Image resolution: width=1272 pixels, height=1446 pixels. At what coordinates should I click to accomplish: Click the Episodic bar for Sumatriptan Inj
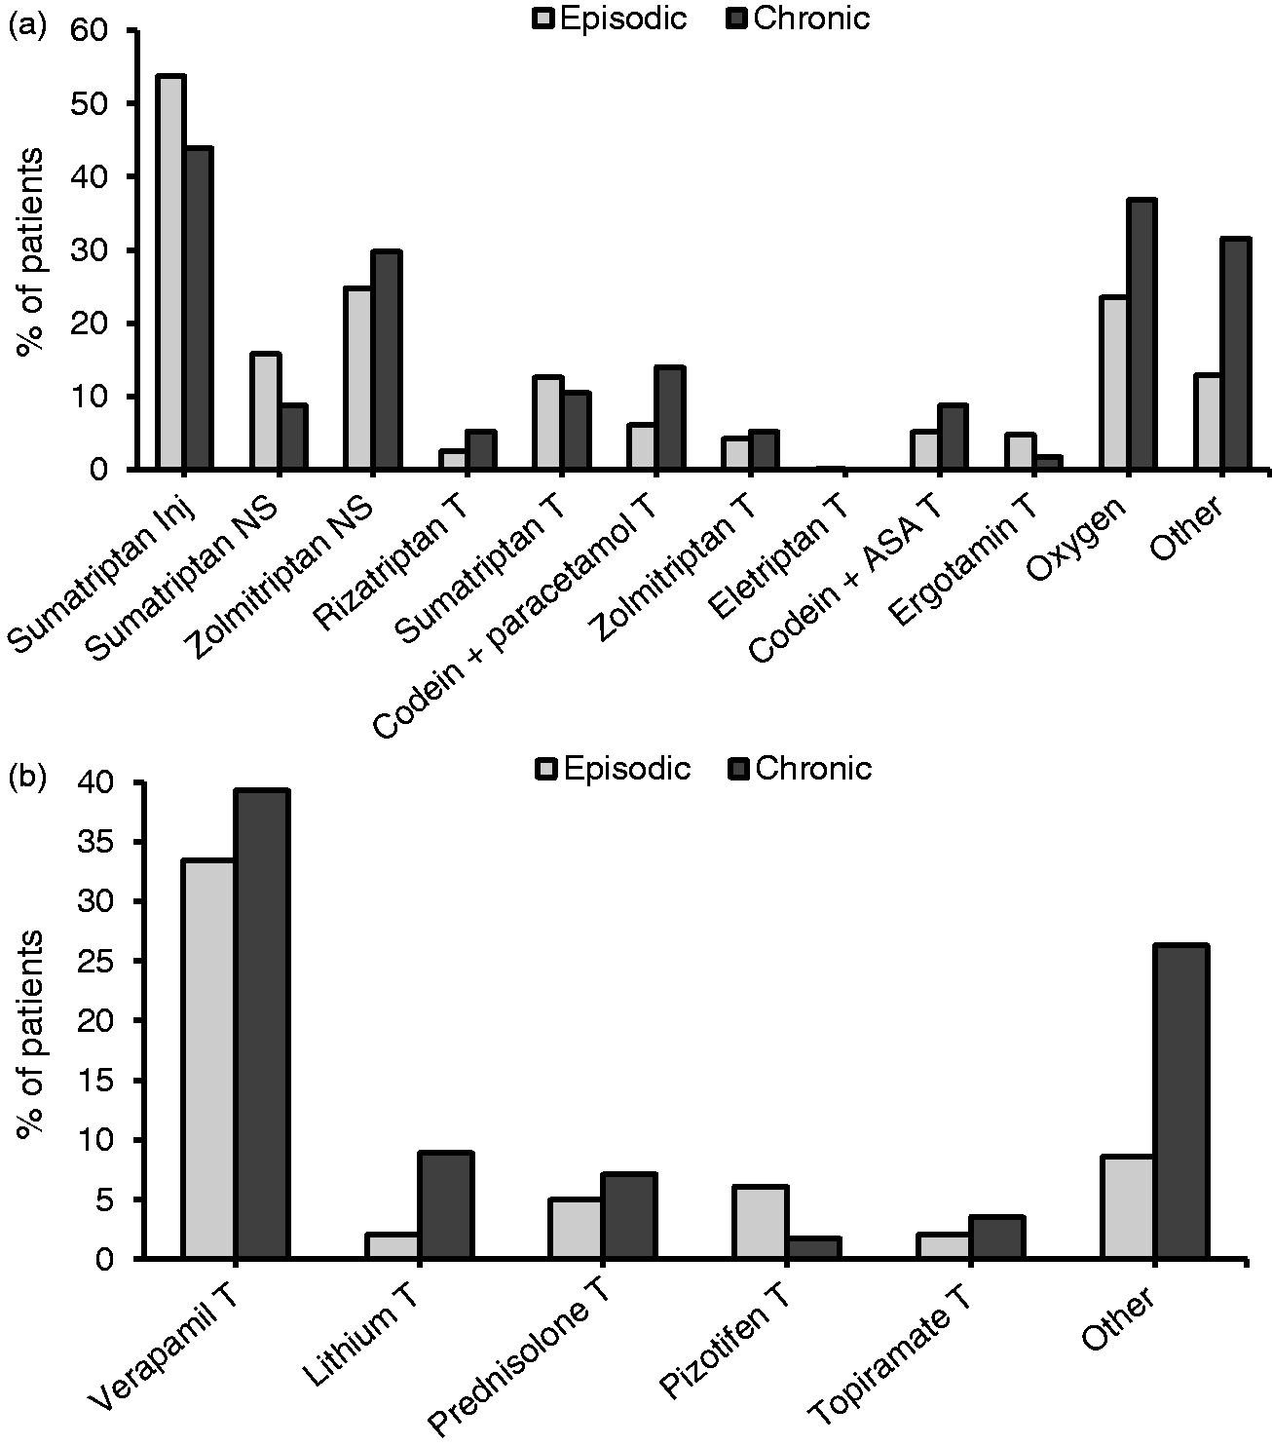pos(172,272)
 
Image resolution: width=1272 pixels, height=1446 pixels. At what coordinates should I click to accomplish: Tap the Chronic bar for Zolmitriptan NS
pos(387,361)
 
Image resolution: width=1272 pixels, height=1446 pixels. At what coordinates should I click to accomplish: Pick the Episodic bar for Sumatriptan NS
pos(265,411)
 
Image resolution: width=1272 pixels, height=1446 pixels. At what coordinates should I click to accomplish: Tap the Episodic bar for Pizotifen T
pos(761,1222)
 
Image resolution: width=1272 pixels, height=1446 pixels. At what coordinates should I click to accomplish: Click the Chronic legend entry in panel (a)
pos(798,19)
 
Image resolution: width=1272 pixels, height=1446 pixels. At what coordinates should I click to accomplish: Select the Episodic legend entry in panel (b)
pos(613,768)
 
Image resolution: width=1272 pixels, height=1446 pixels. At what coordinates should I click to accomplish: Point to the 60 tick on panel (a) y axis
pos(96,30)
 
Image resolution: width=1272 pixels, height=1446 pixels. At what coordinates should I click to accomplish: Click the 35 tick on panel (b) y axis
pos(96,842)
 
